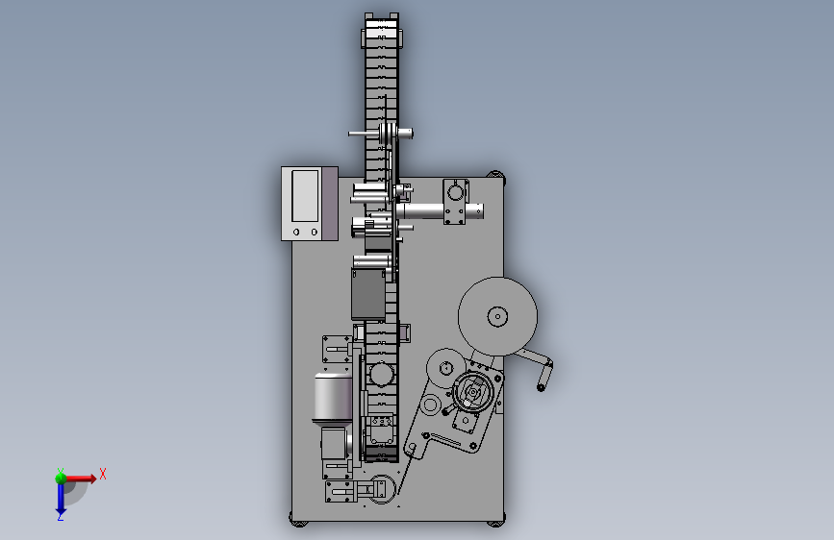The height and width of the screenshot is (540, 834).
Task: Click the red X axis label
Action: [103, 474]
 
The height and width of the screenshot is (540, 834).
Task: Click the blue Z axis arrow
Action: [61, 498]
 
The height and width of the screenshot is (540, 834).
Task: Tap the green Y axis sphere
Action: [61, 478]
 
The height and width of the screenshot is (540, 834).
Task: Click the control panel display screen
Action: [305, 196]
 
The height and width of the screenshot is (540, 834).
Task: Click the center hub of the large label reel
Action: [498, 316]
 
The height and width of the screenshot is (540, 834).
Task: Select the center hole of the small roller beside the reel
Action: [445, 367]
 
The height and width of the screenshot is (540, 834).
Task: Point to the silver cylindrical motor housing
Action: [333, 397]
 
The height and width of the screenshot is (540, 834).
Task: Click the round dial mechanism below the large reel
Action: [473, 392]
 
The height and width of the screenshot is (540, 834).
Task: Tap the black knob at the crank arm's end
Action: [541, 387]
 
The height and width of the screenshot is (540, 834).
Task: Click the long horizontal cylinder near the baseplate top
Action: [440, 211]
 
